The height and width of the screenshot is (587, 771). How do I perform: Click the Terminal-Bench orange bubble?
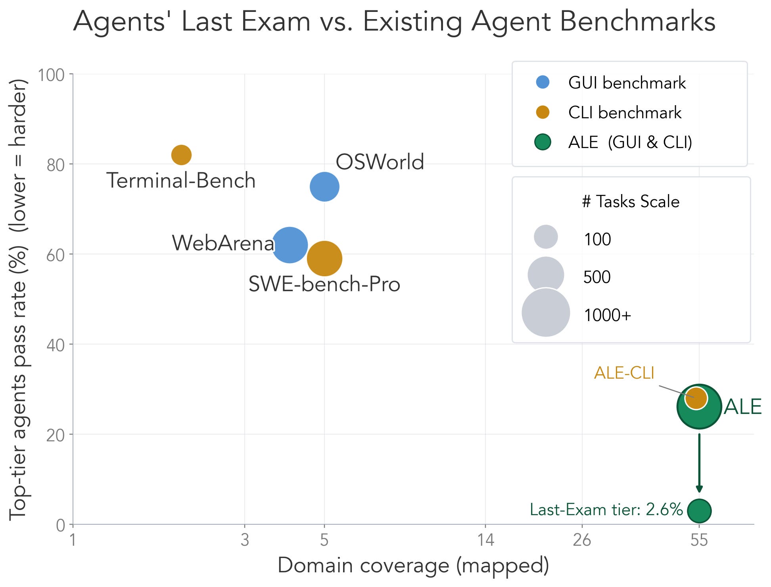(x=181, y=155)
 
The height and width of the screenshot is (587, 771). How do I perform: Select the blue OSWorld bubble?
(x=324, y=187)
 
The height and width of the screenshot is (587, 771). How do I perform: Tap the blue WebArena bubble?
(x=290, y=245)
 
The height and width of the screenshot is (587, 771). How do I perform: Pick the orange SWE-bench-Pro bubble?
(x=324, y=258)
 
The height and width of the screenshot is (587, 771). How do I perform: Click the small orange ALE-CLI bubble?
(x=696, y=398)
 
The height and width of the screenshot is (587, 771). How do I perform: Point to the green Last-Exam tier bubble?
(x=699, y=511)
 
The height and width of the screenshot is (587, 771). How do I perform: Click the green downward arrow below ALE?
(x=699, y=463)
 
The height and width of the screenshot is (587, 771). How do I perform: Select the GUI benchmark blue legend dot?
(x=543, y=82)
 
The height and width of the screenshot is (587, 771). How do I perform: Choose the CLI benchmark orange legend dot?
(x=543, y=112)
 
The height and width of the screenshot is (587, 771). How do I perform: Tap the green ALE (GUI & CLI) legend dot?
(x=543, y=142)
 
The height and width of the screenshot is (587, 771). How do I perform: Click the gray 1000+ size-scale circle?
(x=546, y=313)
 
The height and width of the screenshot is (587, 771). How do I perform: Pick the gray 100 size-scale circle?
(x=546, y=237)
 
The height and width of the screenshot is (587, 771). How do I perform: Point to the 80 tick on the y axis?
(x=56, y=165)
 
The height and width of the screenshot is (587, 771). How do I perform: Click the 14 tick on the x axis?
(x=485, y=540)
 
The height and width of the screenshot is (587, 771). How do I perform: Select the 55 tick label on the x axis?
(x=699, y=540)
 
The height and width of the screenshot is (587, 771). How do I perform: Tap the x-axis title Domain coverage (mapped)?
(x=413, y=566)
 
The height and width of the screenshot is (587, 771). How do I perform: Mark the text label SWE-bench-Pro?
(x=324, y=284)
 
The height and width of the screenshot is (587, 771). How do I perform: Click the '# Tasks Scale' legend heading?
(x=631, y=202)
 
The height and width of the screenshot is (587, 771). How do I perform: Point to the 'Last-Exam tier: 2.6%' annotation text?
(x=606, y=510)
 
